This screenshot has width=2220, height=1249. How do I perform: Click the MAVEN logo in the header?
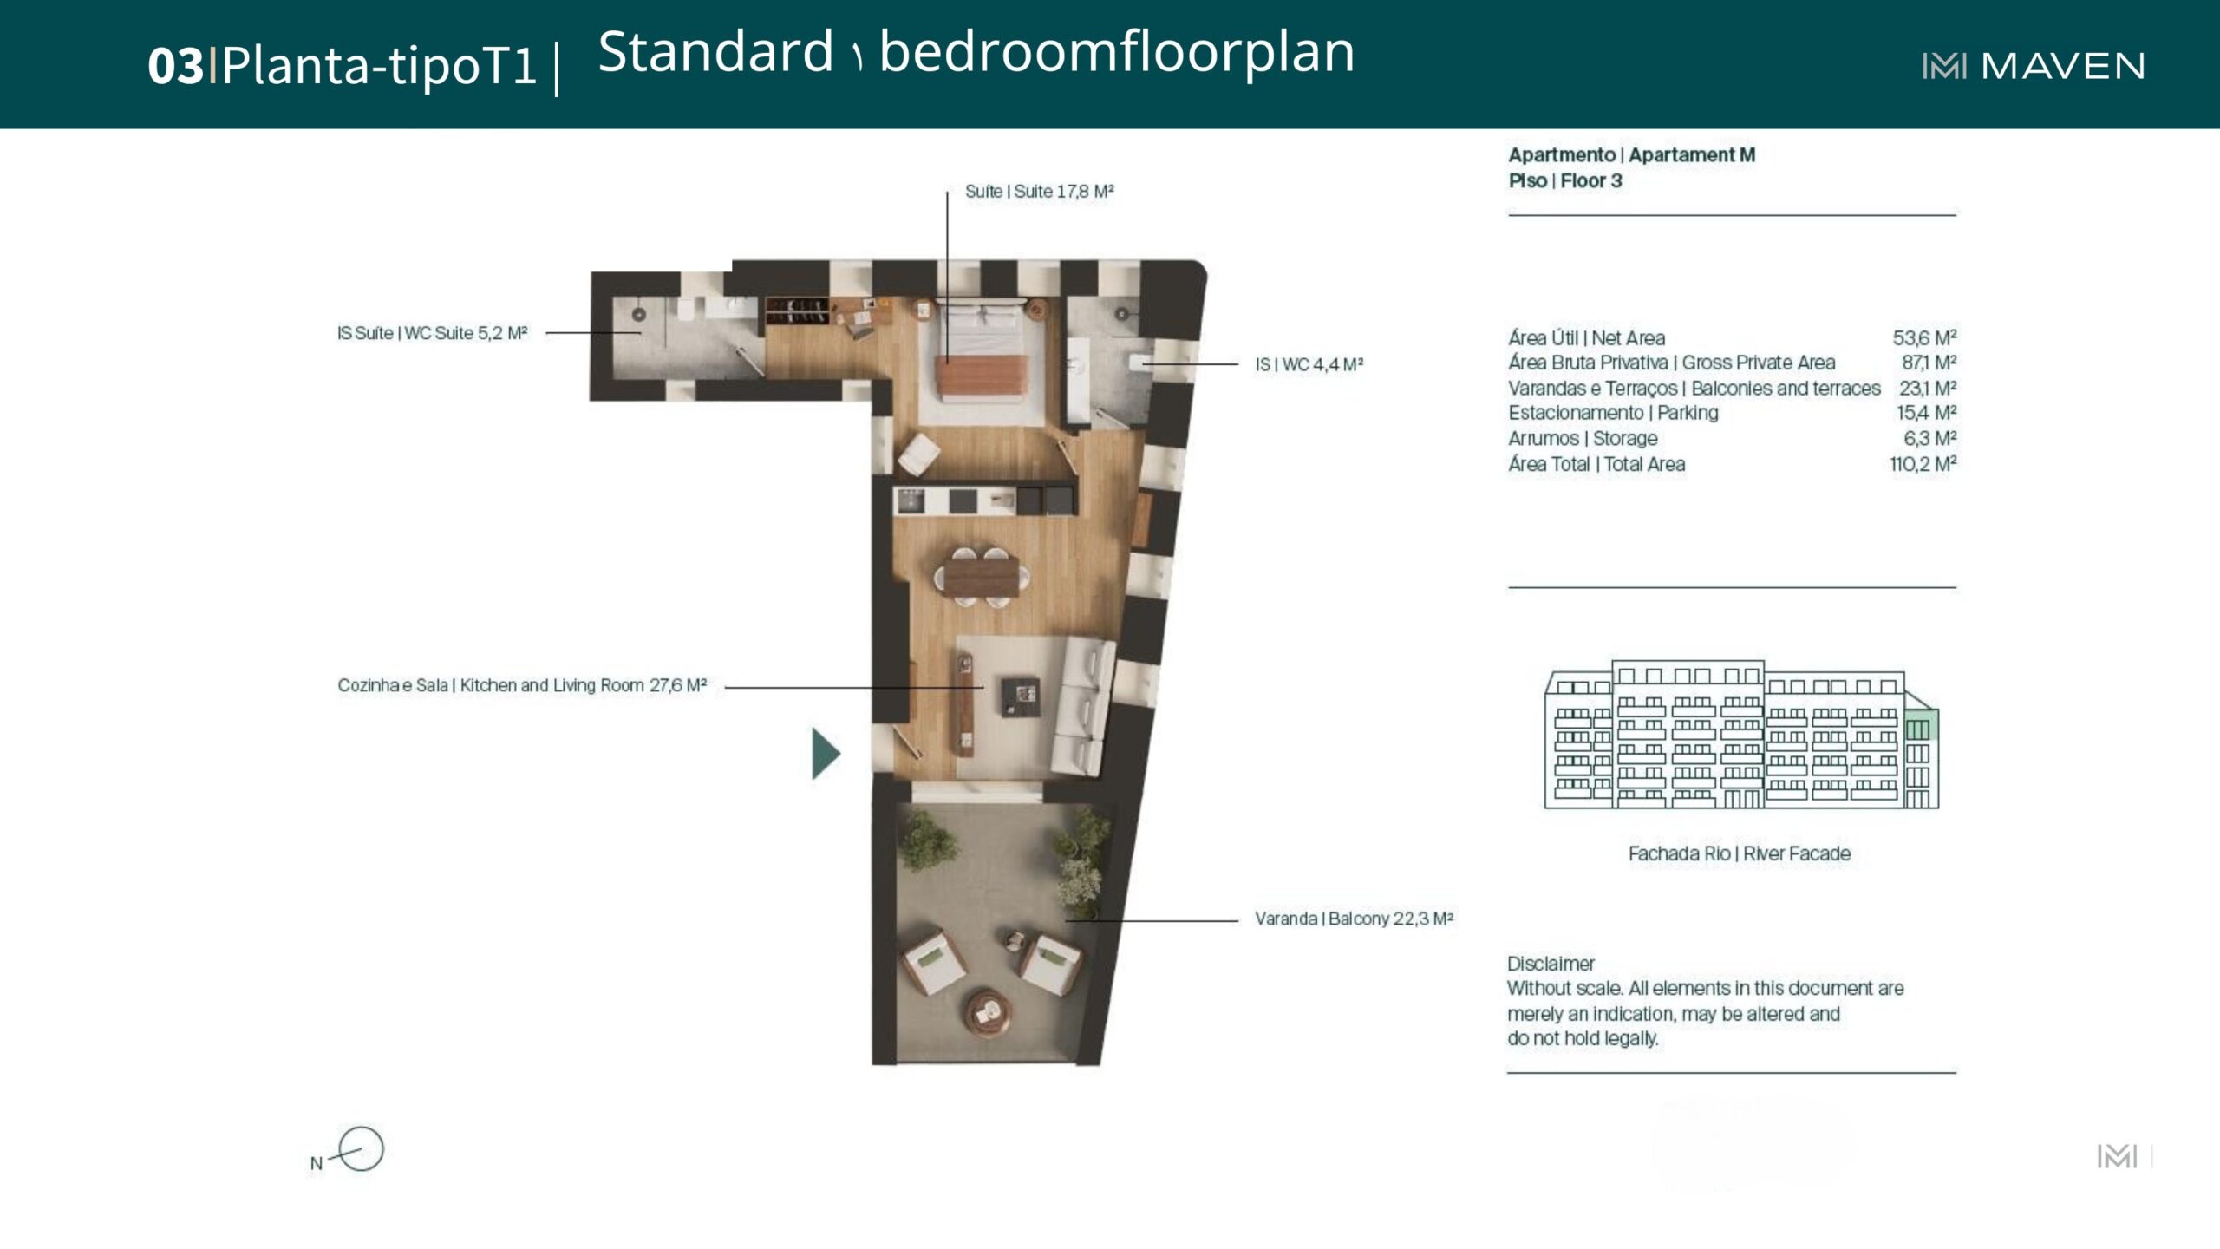click(2034, 66)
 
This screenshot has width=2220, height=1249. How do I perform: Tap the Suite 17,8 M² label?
click(1039, 191)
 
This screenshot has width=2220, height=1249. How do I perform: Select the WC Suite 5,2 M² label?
click(432, 333)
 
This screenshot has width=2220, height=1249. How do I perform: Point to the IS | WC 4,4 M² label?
click(1309, 364)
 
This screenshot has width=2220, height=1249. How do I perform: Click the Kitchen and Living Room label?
click(522, 685)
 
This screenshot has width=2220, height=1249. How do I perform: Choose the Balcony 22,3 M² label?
click(1354, 919)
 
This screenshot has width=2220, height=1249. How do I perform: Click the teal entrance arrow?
click(826, 753)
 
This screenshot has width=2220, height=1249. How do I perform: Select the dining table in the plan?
click(982, 576)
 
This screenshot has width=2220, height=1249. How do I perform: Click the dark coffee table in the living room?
click(1020, 697)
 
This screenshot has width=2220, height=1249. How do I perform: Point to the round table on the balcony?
click(989, 1011)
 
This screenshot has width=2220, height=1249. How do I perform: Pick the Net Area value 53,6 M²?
click(1924, 337)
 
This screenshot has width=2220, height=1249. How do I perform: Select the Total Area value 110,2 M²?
click(1923, 464)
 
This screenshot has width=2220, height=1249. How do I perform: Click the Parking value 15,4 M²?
click(1926, 412)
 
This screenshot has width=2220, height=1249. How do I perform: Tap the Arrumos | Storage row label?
click(1583, 438)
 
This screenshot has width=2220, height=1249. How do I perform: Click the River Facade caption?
click(1740, 853)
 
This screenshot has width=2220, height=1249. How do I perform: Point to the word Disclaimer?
click(1551, 964)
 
